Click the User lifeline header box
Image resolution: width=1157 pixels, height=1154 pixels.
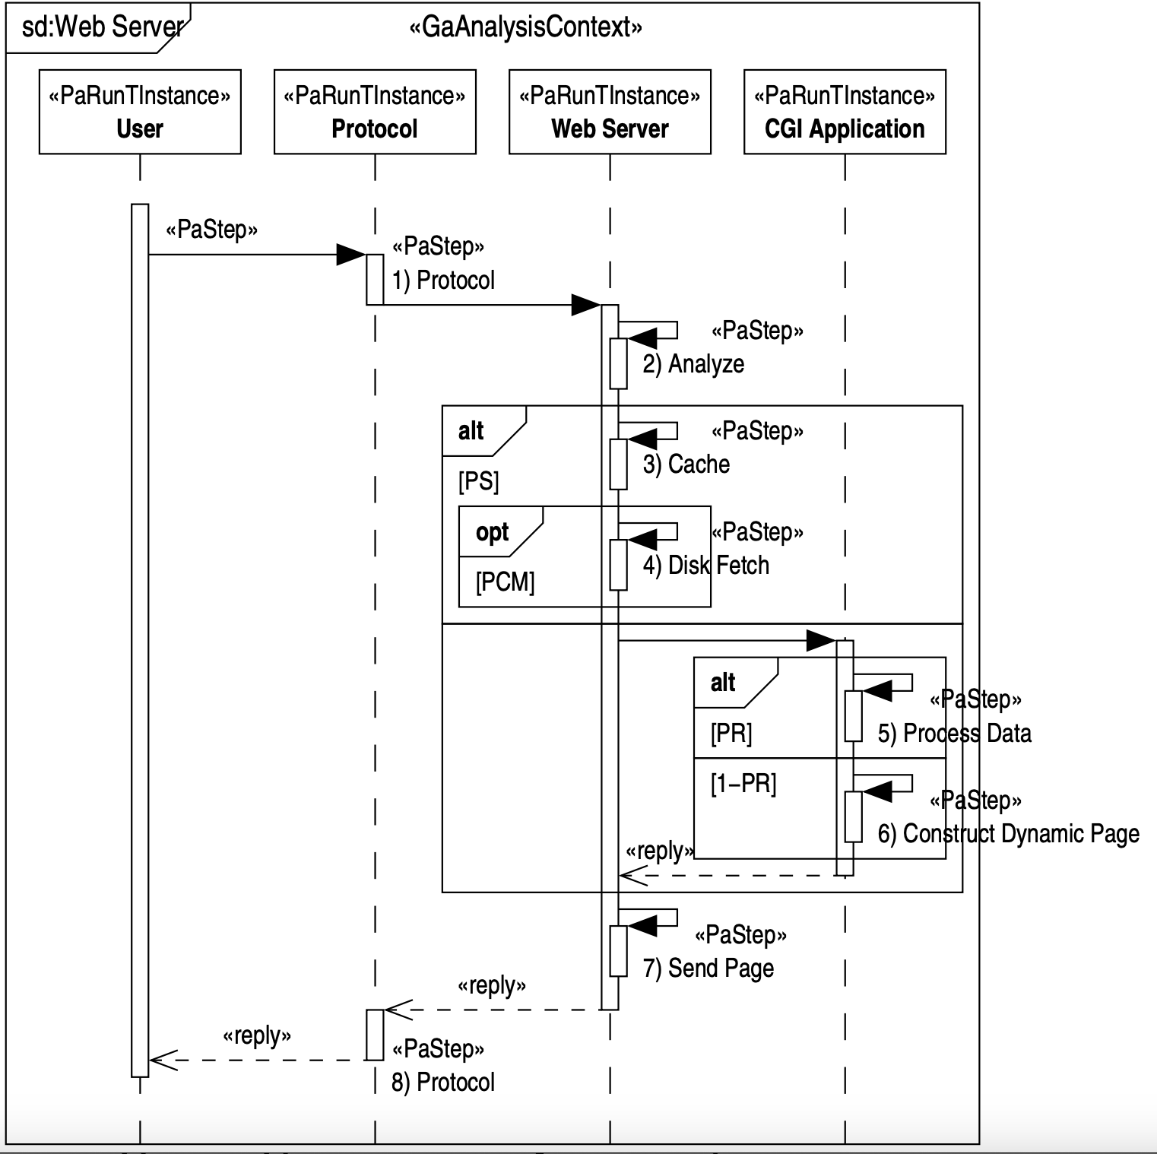pos(140,112)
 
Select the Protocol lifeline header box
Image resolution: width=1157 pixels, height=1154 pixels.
pos(375,112)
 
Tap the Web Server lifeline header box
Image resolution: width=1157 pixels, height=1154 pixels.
pos(610,112)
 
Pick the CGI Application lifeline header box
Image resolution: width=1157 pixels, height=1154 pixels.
pos(845,112)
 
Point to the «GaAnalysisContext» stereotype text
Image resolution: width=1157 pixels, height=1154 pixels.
pos(525,27)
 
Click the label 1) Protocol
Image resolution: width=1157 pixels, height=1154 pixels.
pos(443,281)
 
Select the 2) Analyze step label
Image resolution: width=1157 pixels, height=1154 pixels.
pos(693,364)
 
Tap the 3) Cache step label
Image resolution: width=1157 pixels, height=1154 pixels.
pos(686,464)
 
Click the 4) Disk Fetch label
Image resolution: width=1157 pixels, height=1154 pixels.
pos(705,566)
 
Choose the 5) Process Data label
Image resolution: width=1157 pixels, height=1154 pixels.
pos(954,734)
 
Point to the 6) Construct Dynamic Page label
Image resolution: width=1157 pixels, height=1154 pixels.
pos(1008,834)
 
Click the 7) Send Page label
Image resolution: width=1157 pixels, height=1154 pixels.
pos(708,969)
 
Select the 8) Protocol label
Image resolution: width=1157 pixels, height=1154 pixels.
pos(443,1082)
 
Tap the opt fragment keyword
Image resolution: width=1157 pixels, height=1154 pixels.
pos(492,532)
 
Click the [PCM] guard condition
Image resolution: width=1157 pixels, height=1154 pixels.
pos(505,582)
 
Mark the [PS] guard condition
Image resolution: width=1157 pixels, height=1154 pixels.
pos(478,481)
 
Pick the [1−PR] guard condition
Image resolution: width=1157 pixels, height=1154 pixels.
pos(743,784)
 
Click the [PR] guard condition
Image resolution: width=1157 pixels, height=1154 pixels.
pos(731,734)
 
